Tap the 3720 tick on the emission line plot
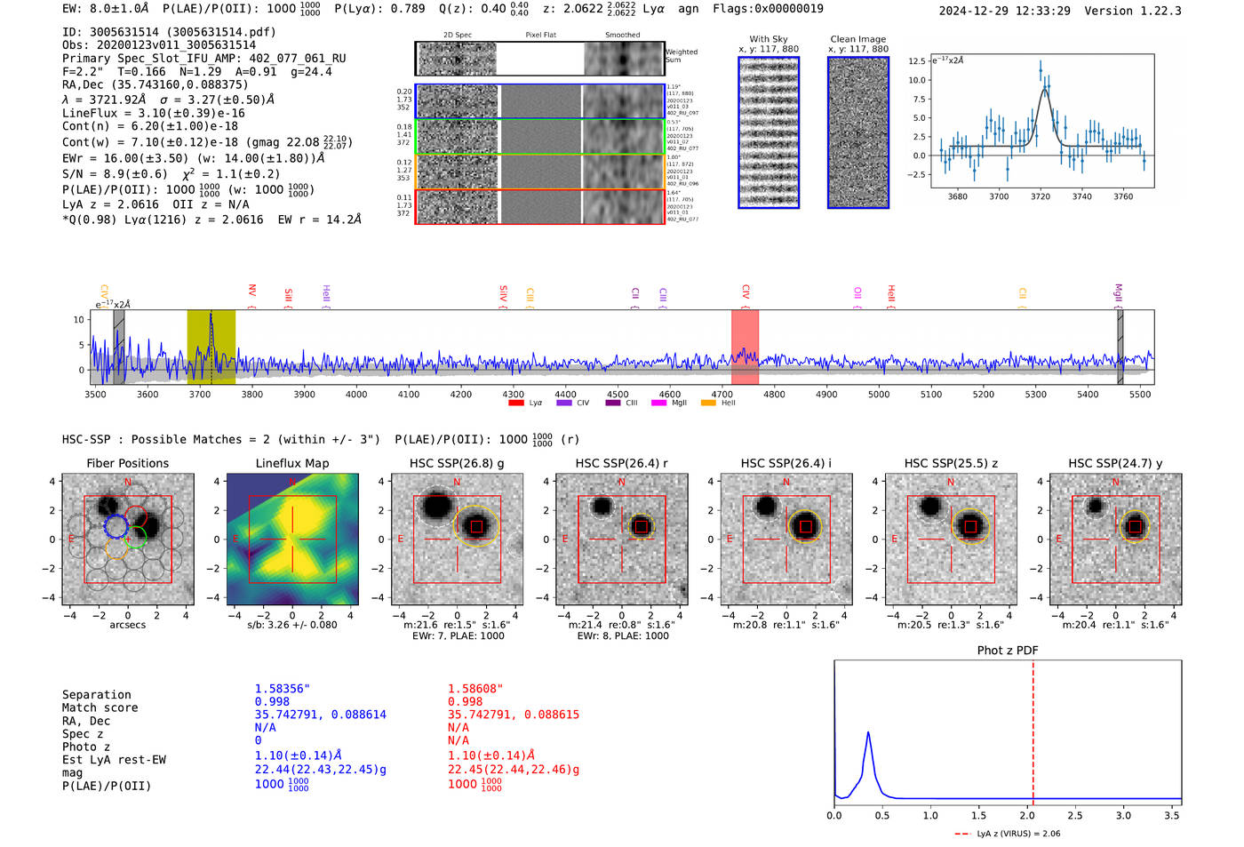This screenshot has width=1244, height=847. tap(1041, 196)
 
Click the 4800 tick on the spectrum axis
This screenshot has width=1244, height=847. tap(774, 394)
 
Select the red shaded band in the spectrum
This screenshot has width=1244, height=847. tap(745, 347)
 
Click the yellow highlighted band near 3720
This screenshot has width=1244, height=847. tap(211, 347)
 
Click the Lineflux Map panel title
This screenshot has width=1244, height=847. tap(291, 463)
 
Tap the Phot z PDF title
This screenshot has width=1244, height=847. tap(1007, 651)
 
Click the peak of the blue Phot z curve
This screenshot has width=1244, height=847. tap(868, 733)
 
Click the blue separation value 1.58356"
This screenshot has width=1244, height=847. tap(282, 689)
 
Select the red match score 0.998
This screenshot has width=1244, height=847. tap(465, 702)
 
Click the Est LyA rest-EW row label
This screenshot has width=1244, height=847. tap(114, 760)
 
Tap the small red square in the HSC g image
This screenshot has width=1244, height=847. tap(477, 527)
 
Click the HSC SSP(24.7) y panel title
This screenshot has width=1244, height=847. tap(1115, 463)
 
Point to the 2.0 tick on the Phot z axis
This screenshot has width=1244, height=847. tap(1026, 815)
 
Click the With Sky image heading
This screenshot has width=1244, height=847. tap(768, 39)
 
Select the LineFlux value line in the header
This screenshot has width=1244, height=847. tap(154, 114)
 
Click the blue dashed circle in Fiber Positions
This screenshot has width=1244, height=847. tap(116, 527)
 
